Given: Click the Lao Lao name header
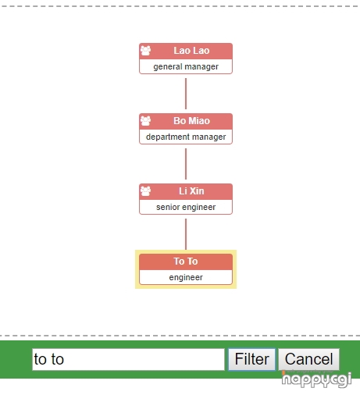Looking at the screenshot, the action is click(186, 51).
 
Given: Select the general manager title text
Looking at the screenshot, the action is click(186, 67).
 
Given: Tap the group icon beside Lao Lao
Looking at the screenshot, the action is click(145, 51).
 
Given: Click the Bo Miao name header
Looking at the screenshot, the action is click(186, 121).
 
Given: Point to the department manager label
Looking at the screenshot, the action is click(186, 137).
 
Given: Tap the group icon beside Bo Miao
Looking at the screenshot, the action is click(145, 121).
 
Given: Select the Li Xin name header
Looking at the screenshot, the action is click(186, 191).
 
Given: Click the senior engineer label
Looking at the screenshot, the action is click(186, 207).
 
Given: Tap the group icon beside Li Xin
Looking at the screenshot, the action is click(145, 191).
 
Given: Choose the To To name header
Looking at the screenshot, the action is click(186, 262).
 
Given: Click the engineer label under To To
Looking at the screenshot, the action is click(186, 277).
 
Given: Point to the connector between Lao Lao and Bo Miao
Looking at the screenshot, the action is click(186, 94).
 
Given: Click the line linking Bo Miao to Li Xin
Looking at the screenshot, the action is click(186, 164).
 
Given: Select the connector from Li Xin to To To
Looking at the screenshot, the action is click(186, 234).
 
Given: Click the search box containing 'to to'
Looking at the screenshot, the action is click(128, 359).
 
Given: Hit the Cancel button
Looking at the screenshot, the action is click(308, 359).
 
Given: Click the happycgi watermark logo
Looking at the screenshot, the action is click(316, 379).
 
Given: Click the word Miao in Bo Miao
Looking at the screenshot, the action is click(199, 121).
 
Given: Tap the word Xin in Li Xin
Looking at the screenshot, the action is click(197, 191).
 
